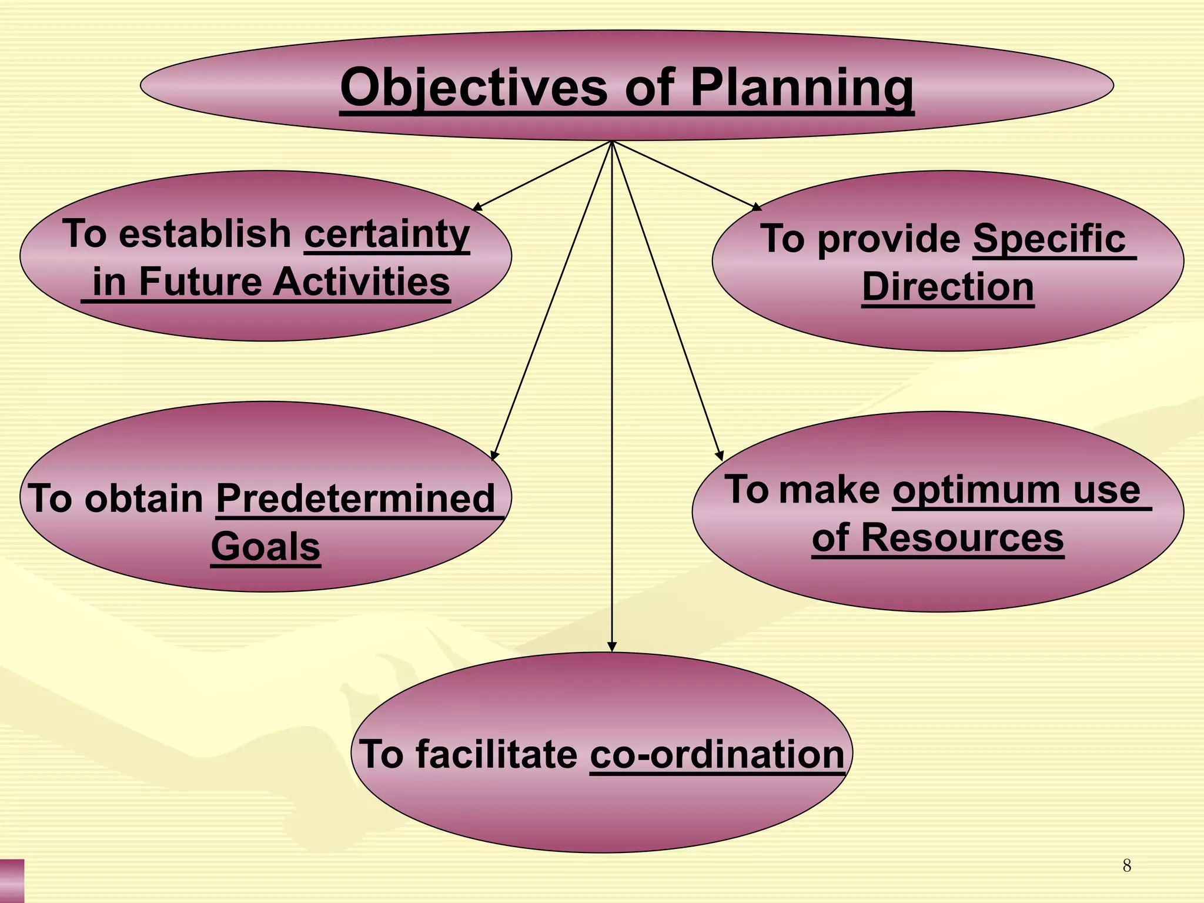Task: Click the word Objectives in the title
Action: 473,88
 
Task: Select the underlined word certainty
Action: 387,234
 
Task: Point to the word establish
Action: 205,234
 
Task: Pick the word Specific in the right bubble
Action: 1049,239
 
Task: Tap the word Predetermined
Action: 356,499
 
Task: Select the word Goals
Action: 266,547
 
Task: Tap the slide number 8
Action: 1126,865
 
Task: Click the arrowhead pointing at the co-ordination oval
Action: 612,647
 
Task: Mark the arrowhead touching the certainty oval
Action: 477,207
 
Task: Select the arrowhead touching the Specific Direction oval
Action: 757,207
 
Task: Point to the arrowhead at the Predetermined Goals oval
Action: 494,456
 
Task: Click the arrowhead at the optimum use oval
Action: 720,456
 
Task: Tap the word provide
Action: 889,239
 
